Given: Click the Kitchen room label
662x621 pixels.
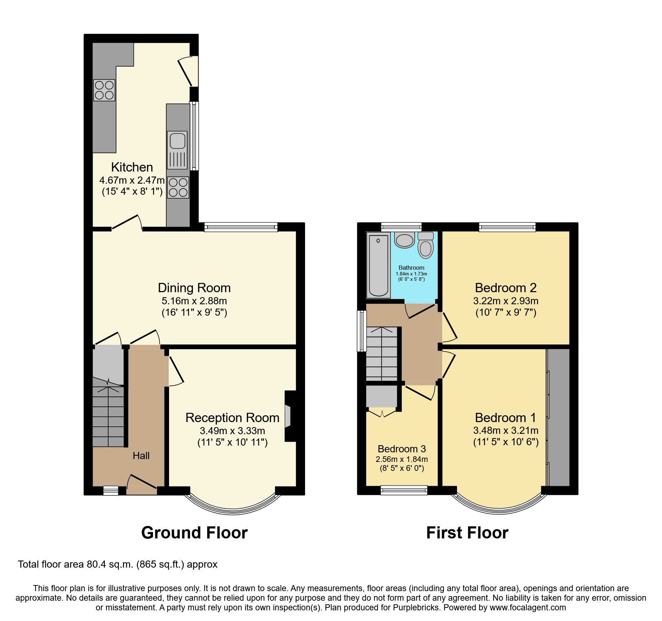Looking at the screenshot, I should [132, 167].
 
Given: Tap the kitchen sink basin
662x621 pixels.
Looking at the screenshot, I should [177, 140].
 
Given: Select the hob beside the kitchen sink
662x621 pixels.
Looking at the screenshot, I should [178, 187].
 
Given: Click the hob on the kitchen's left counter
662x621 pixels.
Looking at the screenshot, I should [104, 90].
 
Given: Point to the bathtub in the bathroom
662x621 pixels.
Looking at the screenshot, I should [378, 265].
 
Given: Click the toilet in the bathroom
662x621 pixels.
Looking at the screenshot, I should [426, 245].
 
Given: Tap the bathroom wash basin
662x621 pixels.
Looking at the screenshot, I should [405, 240].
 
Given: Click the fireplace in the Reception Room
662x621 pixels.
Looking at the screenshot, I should [288, 416].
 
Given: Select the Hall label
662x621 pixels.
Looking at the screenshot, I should [141, 456].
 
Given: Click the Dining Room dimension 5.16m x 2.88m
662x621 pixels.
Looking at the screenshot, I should [194, 301].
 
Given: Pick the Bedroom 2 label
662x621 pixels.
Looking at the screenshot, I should [505, 288].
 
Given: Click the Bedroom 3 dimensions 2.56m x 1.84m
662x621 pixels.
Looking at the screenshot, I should [401, 459].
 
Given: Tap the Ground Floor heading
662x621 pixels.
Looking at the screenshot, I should [194, 533].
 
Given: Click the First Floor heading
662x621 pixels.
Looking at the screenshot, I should [467, 533].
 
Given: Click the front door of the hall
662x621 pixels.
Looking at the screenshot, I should [142, 482].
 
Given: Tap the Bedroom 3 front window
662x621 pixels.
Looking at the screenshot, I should [404, 490].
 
